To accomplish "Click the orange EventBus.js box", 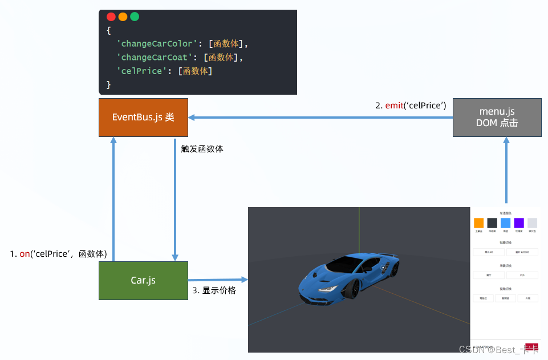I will [143, 118].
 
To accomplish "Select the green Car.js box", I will [143, 280].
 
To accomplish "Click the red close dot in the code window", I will [111, 17].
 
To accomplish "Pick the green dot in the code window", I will [135, 17].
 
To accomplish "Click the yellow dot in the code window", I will [123, 17].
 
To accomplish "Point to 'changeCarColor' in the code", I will [153, 43].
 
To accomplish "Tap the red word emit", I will [394, 106].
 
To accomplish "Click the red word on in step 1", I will [25, 254].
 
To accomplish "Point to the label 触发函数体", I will [202, 149].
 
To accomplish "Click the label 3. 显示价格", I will [214, 290].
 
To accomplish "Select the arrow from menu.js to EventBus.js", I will [319, 118].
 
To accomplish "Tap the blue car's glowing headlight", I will [327, 290].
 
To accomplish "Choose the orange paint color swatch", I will [478, 223].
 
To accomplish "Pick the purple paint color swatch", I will [519, 223].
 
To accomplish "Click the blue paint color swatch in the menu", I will [505, 223].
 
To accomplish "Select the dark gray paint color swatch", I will [492, 223].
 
